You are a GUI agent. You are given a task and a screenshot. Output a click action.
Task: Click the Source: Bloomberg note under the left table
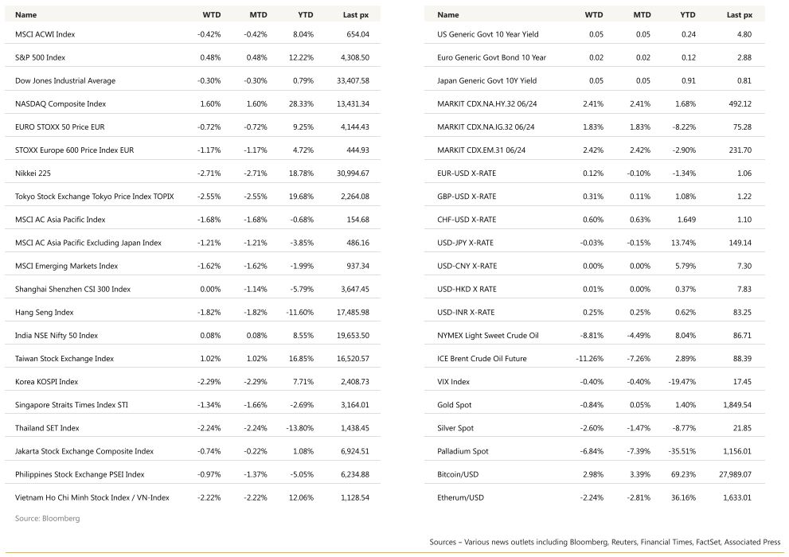point(48,519)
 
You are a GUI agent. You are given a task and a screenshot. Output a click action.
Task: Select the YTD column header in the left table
point(306,14)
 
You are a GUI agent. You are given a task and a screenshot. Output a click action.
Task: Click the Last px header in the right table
point(740,14)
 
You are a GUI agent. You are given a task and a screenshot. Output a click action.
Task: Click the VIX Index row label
point(454,382)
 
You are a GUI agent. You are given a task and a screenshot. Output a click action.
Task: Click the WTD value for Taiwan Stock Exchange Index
point(210,359)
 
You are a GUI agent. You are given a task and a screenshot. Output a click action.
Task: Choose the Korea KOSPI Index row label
point(47,382)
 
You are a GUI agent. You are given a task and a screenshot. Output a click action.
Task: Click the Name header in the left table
point(25,14)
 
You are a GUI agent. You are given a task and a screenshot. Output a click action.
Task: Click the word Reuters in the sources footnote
point(629,543)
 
